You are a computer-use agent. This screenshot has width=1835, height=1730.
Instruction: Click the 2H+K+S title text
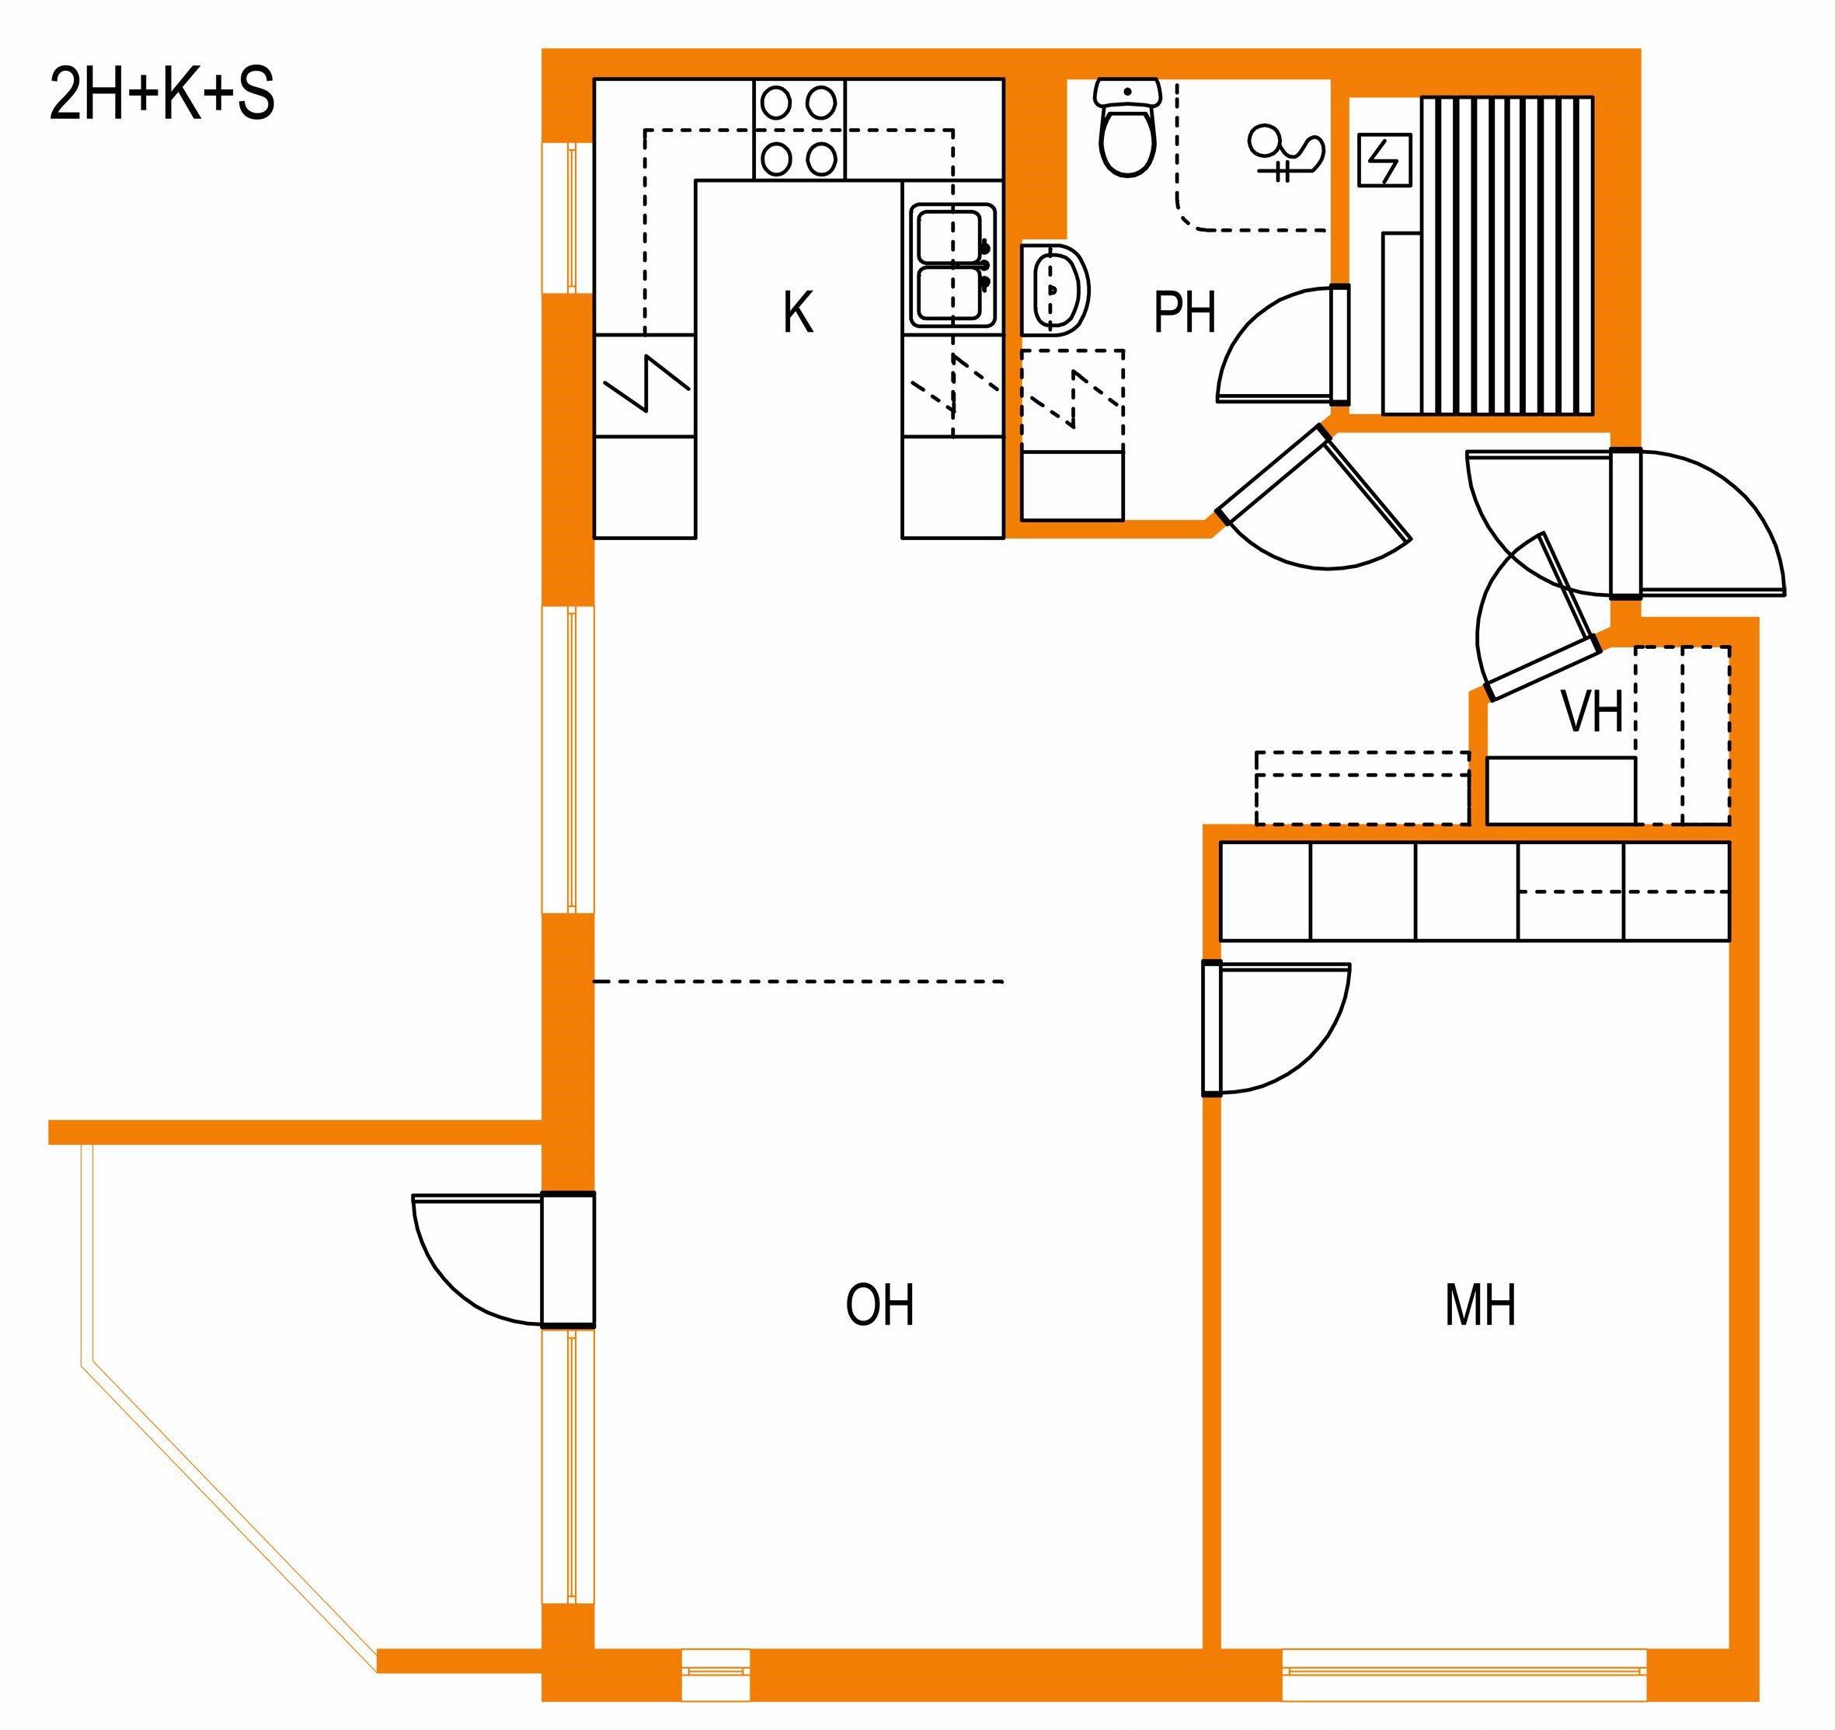[162, 95]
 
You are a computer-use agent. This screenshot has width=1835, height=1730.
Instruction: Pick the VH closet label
[1593, 713]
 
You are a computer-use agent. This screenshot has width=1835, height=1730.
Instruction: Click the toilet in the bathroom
[1127, 127]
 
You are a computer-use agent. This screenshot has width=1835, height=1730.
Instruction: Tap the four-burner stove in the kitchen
[799, 129]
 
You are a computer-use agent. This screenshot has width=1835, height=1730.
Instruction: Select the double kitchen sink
[953, 266]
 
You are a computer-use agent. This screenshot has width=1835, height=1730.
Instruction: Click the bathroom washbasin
[1055, 288]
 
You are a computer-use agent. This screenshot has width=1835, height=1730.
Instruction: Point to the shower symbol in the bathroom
[1285, 153]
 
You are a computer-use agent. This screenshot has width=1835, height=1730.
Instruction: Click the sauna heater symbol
[1385, 161]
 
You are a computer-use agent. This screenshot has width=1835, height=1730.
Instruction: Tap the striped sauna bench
[1506, 255]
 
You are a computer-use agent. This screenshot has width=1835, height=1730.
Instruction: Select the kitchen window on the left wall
[568, 218]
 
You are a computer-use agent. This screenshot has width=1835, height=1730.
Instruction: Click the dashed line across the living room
[799, 982]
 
